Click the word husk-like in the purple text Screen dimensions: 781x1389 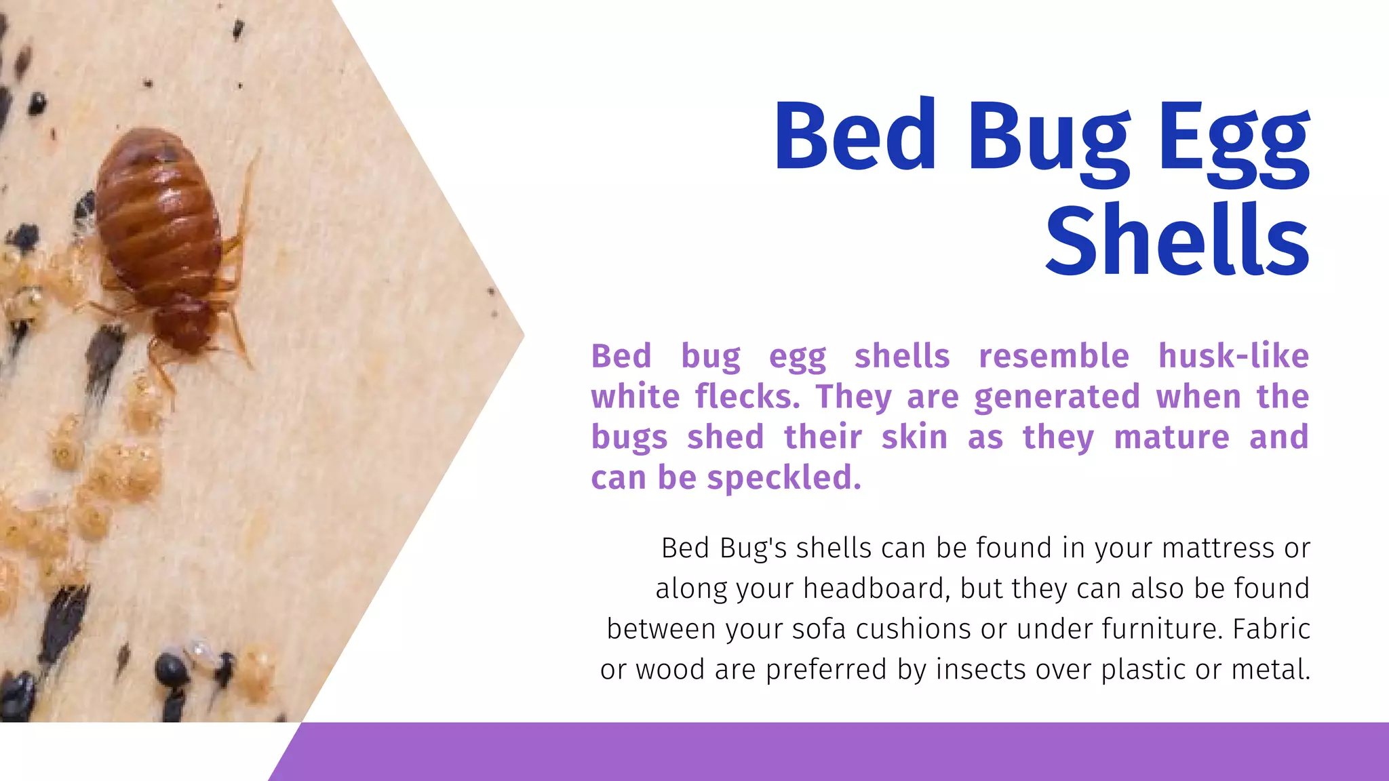[1233, 356]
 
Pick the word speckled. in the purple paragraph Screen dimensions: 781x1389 [784, 479]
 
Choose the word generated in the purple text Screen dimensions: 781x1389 [1057, 397]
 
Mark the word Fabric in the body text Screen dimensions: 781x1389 [1271, 629]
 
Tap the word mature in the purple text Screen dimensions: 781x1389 [1171, 438]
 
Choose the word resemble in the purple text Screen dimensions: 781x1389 [1053, 356]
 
